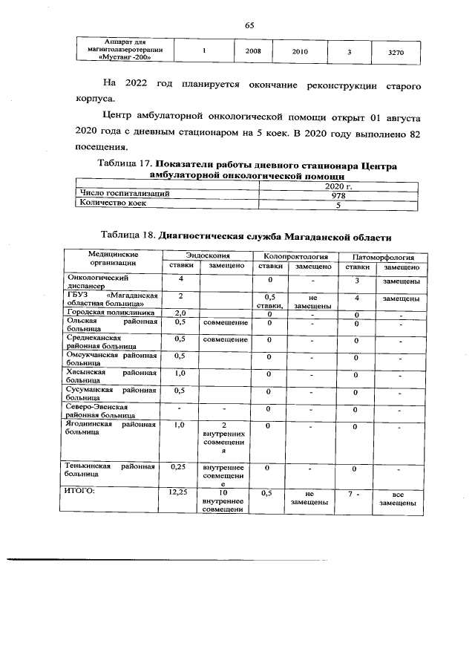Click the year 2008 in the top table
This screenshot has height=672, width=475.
click(252, 53)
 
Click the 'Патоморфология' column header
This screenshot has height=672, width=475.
click(381, 255)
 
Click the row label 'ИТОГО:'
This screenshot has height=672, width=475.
click(77, 492)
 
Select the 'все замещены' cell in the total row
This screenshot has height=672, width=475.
click(398, 498)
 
